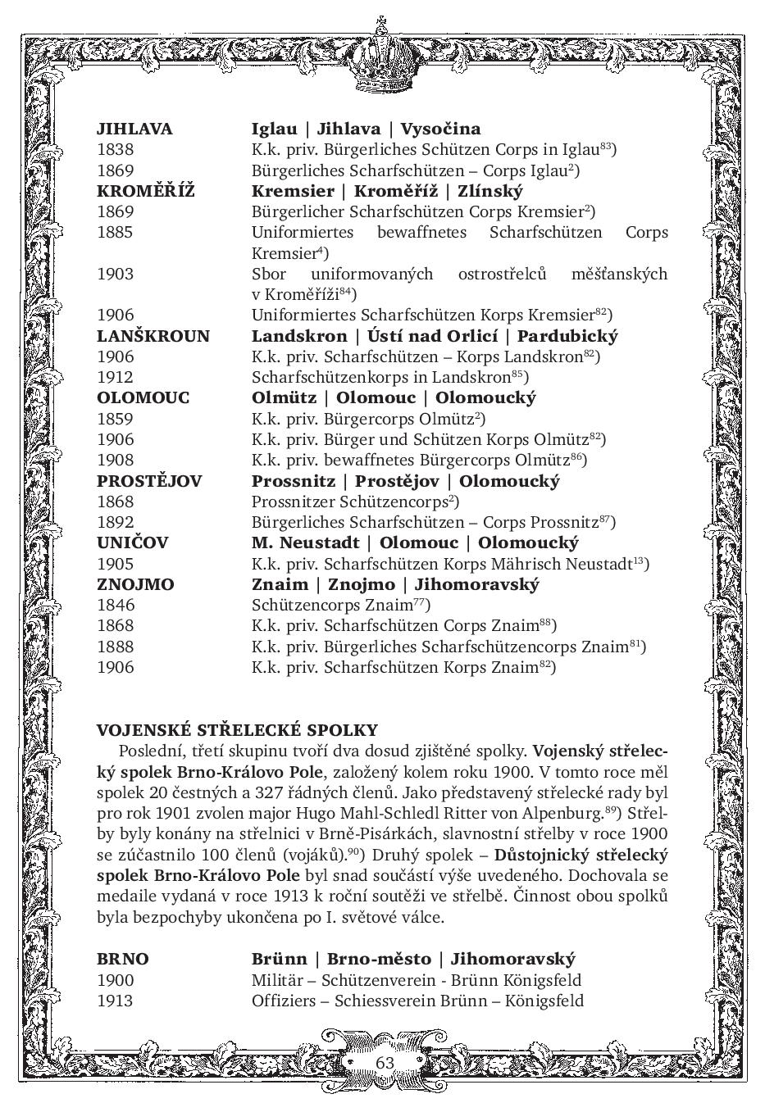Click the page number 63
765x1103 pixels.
click(x=385, y=1062)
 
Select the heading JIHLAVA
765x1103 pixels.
click(x=134, y=129)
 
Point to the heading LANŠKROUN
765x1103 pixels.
click(x=153, y=336)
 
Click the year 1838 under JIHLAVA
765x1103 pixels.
click(x=115, y=149)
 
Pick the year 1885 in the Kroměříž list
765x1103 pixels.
click(x=115, y=232)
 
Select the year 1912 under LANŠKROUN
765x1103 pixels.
click(x=115, y=377)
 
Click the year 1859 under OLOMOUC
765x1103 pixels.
click(x=115, y=419)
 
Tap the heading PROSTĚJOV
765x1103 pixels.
click(x=149, y=481)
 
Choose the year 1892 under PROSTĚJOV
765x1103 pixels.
click(x=115, y=522)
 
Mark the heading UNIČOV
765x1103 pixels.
click(x=132, y=542)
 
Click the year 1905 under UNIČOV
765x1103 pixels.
click(x=115, y=564)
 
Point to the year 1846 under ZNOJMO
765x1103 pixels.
click(x=115, y=605)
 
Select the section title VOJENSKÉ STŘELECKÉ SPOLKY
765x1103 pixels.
click(x=238, y=730)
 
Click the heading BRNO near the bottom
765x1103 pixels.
click(x=123, y=959)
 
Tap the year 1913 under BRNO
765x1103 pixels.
click(x=115, y=1001)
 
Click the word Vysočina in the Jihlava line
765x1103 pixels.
click(x=440, y=129)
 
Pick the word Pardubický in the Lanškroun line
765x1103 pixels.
click(x=567, y=336)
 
